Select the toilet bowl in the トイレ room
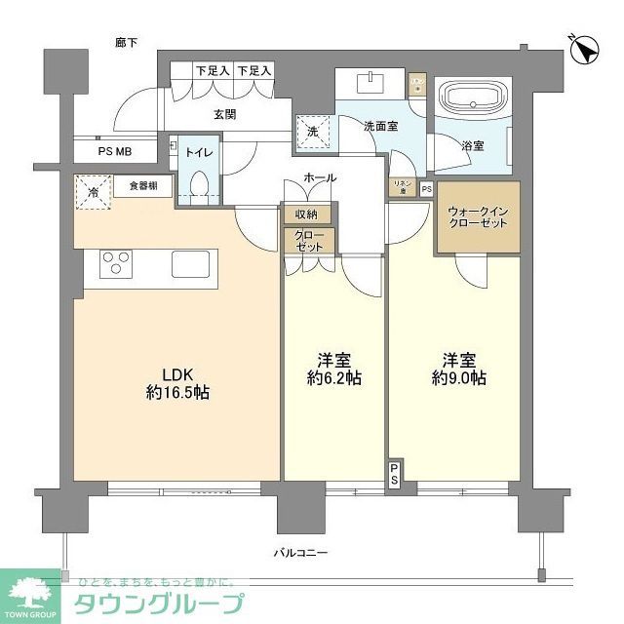[x=199, y=184]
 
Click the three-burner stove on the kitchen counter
[x=117, y=264]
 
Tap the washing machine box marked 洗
[x=313, y=131]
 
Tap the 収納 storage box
[x=308, y=214]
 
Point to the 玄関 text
[x=225, y=113]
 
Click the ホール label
[x=320, y=177]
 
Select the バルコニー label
[x=299, y=553]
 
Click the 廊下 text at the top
[x=126, y=43]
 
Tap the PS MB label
[x=114, y=151]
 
